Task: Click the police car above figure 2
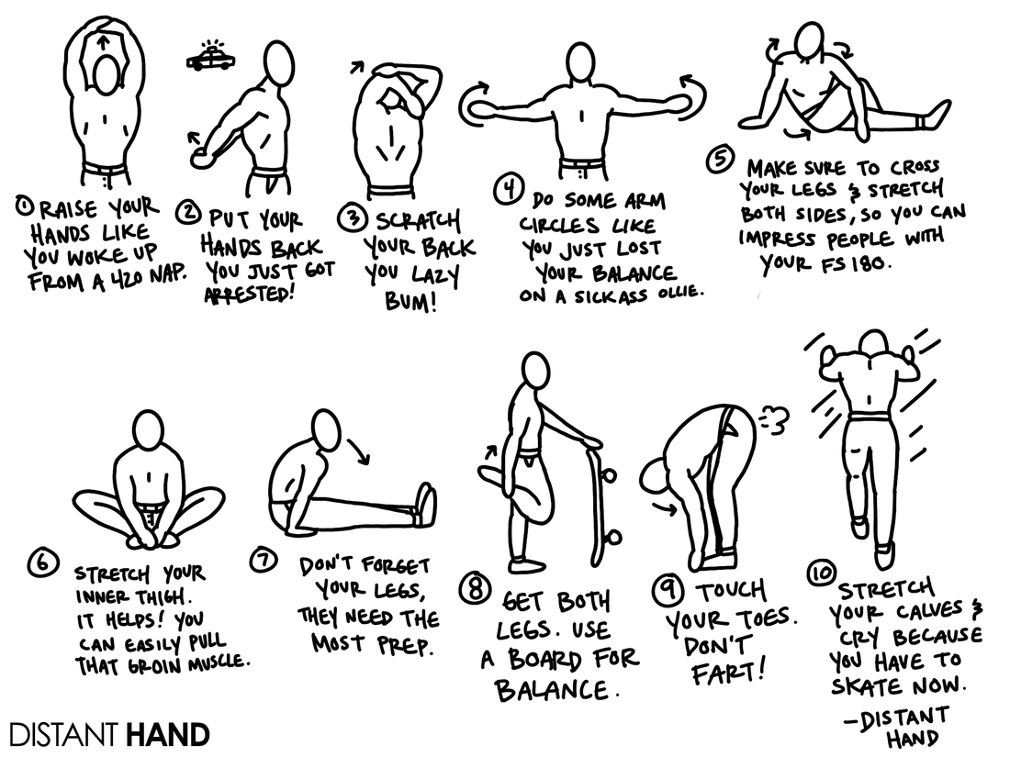(x=210, y=59)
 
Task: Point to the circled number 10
(x=819, y=573)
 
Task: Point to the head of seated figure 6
(x=147, y=429)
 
